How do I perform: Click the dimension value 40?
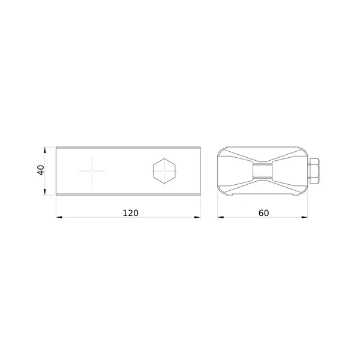[41, 170]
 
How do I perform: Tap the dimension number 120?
[131, 213]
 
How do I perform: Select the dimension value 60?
[263, 213]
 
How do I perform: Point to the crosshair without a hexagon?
[92, 171]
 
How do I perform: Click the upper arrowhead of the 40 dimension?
[45, 150]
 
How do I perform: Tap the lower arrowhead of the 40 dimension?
[45, 192]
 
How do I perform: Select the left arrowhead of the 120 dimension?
[59, 217]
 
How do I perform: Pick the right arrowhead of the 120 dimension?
[197, 217]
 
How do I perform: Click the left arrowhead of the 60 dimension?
[221, 217]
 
